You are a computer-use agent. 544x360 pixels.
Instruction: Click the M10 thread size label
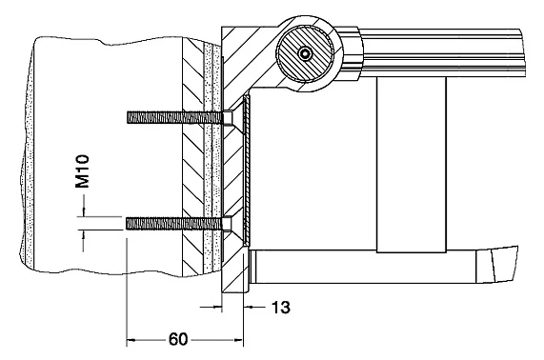tap(83, 171)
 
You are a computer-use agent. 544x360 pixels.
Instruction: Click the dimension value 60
tap(178, 339)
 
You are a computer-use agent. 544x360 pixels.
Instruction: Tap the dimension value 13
tap(280, 308)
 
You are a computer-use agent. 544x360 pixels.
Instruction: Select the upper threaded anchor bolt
tap(175, 117)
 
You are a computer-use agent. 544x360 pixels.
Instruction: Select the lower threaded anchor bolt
tap(174, 224)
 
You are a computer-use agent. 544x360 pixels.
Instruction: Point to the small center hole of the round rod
tap(306, 53)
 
